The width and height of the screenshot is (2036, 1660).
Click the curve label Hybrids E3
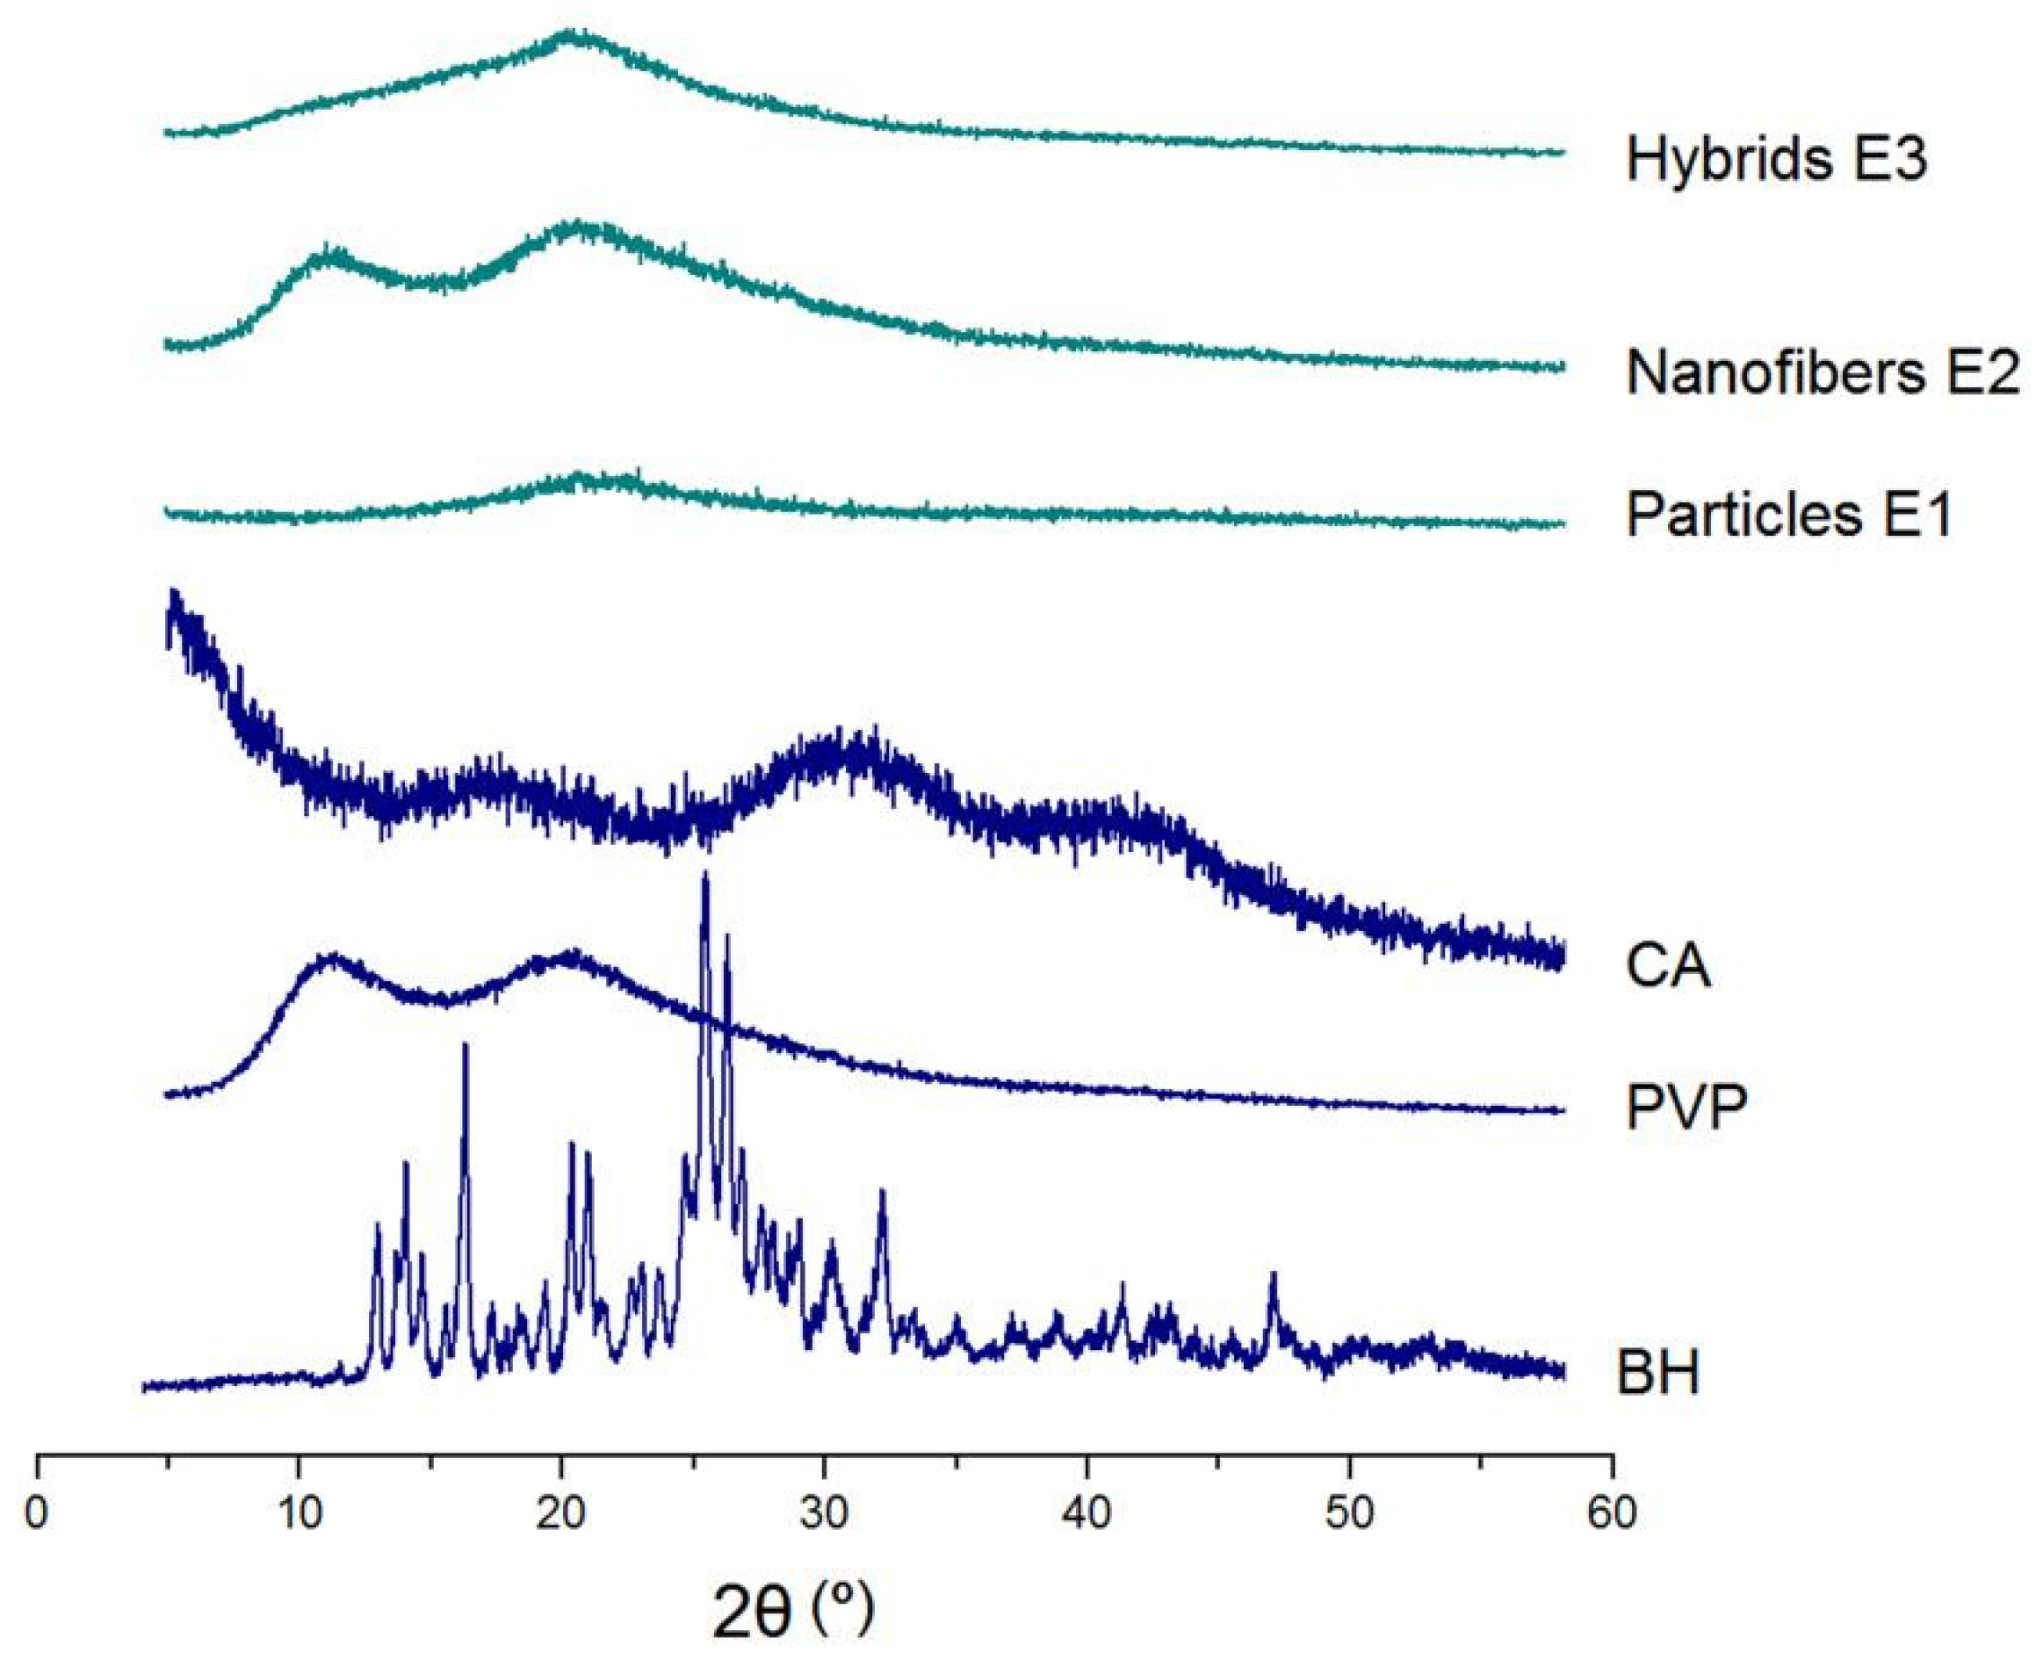click(1776, 159)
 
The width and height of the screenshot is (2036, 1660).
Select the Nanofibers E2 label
click(1823, 372)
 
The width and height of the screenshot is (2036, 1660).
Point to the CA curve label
click(1668, 965)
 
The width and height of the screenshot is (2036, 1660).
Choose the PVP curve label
click(1687, 1107)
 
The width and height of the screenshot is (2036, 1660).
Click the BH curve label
click(1658, 1373)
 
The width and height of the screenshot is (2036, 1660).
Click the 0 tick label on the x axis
click(37, 1513)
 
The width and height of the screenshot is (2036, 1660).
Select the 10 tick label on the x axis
click(299, 1513)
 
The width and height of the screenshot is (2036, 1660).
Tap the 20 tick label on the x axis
click(561, 1513)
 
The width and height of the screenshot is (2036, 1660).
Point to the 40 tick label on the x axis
click(1087, 1513)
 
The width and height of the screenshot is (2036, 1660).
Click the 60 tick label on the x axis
click(1612, 1513)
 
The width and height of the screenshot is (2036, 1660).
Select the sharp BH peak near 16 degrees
click(465, 1047)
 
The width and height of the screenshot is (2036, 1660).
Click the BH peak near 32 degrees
click(882, 1194)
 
